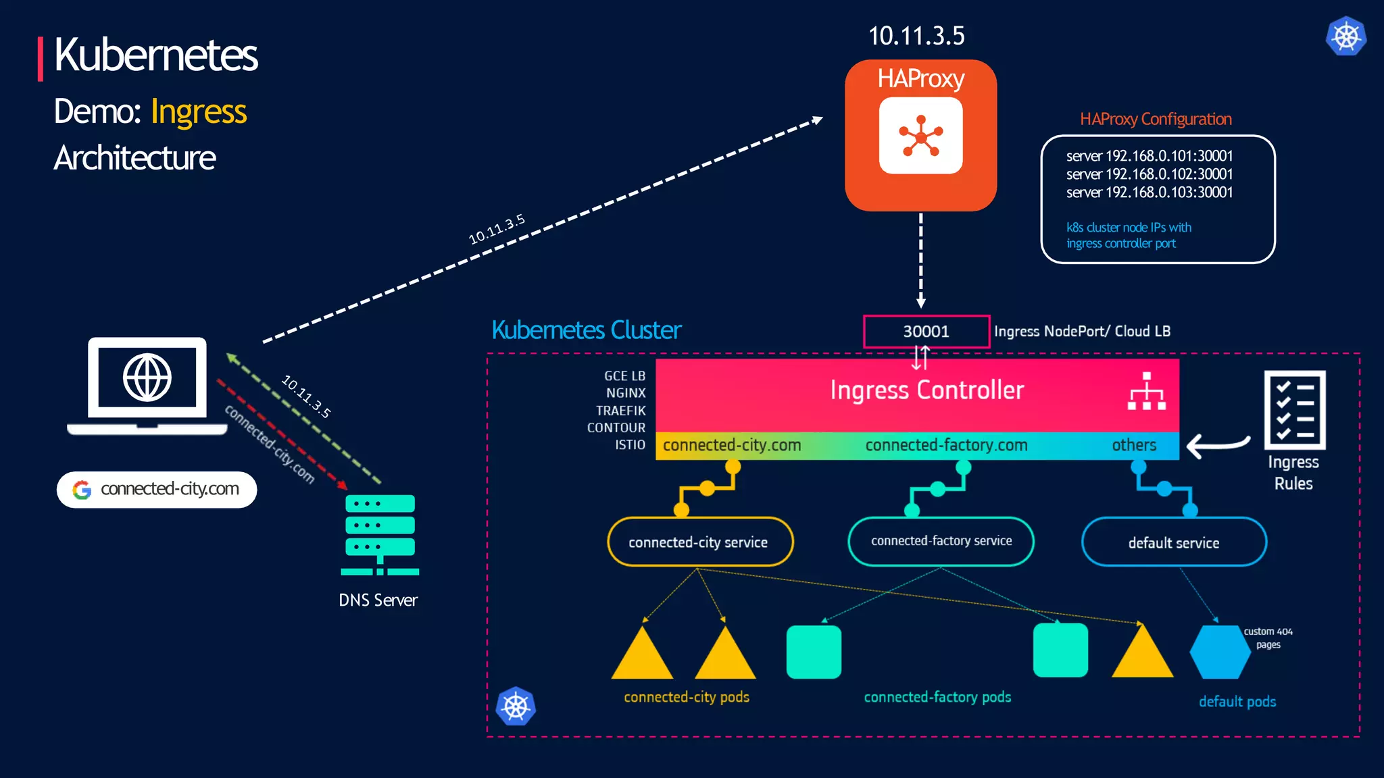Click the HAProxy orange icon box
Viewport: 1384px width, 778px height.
coord(920,136)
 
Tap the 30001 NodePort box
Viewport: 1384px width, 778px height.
coord(926,332)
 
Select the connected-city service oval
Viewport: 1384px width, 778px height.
coord(699,542)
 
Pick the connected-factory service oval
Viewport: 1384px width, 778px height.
coord(941,541)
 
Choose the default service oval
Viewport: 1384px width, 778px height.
coord(1174,542)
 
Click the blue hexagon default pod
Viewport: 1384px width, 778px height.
coord(1220,652)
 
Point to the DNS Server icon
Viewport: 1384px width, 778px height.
coord(380,534)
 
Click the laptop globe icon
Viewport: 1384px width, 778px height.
coord(147,378)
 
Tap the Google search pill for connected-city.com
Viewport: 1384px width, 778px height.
coord(157,489)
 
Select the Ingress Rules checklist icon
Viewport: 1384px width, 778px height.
coord(1294,410)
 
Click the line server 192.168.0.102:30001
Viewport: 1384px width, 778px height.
coord(1149,174)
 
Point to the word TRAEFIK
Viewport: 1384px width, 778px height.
coord(620,411)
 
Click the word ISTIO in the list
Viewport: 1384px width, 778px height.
coord(630,445)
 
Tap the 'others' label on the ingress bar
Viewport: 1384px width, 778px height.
coord(1134,445)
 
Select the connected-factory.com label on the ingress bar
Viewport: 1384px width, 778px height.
coord(946,445)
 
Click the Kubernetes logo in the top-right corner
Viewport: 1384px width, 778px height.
coord(1345,36)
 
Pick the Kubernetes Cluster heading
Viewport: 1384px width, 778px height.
coord(586,330)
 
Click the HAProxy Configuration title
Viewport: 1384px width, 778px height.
coord(1156,120)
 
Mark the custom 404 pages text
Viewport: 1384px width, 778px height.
coord(1268,638)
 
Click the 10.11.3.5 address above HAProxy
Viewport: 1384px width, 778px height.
coord(916,36)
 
